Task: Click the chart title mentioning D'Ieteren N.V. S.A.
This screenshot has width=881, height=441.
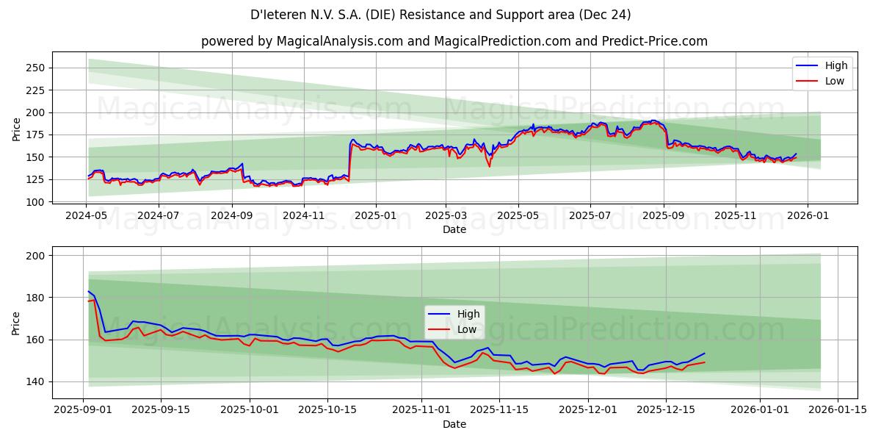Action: coord(440,15)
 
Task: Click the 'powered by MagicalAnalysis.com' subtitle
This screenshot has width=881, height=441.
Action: coord(454,41)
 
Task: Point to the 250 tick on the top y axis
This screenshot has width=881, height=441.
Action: coord(37,68)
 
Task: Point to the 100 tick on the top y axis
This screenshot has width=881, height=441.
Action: coord(37,201)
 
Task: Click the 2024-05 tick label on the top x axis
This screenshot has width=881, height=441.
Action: coord(87,216)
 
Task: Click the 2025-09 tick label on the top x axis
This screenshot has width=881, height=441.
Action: coord(664,216)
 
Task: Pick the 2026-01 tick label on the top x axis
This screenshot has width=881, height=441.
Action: coord(808,216)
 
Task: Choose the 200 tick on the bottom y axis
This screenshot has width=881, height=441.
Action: coord(37,256)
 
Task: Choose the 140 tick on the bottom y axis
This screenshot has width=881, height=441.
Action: coord(37,381)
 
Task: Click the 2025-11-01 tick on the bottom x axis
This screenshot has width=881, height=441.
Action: coord(421,410)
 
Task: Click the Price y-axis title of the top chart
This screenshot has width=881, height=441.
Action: coord(17,128)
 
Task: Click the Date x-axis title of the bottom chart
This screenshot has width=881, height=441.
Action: coord(454,424)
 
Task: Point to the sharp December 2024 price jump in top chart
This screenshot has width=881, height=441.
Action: coord(349,158)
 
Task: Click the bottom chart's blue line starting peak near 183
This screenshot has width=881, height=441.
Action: coord(89,292)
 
